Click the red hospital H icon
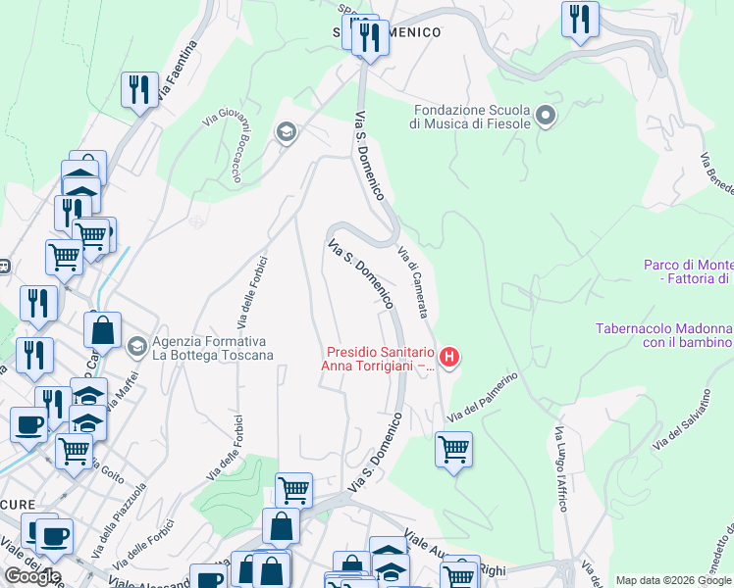[x=449, y=358]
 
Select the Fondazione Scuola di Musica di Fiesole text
[x=471, y=117]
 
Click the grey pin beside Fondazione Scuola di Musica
[x=547, y=118]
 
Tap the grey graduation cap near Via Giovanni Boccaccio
[x=286, y=132]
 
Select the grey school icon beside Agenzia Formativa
[x=136, y=346]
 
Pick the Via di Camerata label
[x=413, y=282]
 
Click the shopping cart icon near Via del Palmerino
[x=453, y=449]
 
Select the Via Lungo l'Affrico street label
[x=560, y=468]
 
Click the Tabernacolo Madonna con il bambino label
[x=663, y=335]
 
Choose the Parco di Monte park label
[x=688, y=271]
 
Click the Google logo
[x=33, y=575]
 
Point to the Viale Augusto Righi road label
[x=455, y=555]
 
